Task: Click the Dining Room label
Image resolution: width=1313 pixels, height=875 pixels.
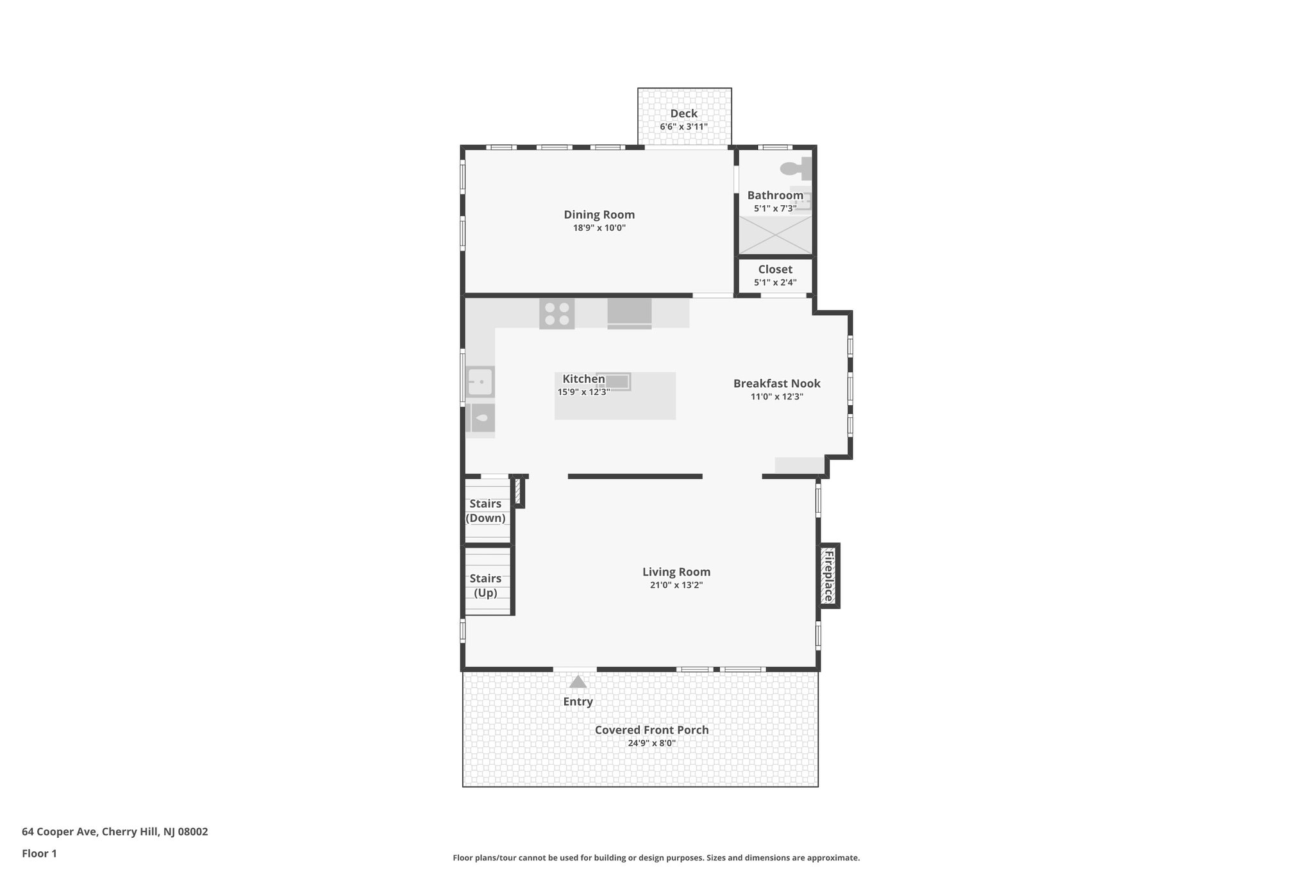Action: coord(599,215)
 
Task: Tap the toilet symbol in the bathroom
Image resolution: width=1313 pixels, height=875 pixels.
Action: coord(795,169)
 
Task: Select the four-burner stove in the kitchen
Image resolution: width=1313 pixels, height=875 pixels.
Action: coord(556,314)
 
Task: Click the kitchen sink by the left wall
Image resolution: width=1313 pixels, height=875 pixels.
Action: coord(480,382)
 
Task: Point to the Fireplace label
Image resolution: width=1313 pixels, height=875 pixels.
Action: coord(828,576)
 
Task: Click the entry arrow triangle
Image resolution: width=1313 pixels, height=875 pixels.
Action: coord(578,682)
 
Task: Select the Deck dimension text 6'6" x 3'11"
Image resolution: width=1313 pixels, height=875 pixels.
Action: coord(683,127)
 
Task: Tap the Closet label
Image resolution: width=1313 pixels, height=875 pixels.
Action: coord(775,269)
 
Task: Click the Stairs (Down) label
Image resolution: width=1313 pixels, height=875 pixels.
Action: coord(485,511)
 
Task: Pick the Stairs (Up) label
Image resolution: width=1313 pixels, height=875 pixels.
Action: coord(485,585)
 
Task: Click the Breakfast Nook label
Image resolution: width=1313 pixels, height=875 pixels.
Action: coord(776,383)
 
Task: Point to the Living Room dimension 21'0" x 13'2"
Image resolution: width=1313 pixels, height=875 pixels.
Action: coord(676,585)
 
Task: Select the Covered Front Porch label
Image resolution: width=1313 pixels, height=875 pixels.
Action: coord(651,729)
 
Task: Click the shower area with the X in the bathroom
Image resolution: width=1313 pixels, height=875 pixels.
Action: coord(775,235)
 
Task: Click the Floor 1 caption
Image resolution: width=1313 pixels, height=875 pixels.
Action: coord(39,854)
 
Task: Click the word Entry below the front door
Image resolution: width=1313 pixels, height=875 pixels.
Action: coord(578,702)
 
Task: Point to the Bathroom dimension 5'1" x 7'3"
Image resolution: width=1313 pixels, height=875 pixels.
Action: coord(775,208)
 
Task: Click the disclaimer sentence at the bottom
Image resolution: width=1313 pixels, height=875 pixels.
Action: coord(656,858)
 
